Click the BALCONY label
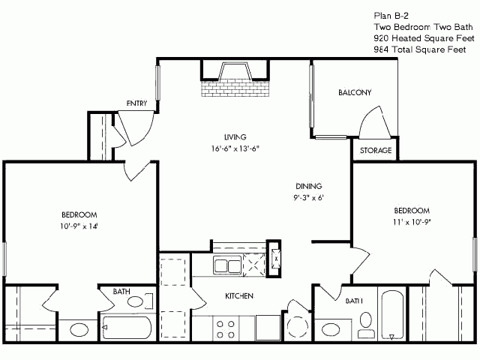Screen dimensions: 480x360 point(355,92)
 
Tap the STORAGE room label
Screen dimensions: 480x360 point(376,150)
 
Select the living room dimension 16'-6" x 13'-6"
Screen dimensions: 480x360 point(235,148)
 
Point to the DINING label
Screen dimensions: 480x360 point(308,186)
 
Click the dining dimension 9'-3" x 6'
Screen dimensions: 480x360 point(308,198)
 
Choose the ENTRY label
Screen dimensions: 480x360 point(136,103)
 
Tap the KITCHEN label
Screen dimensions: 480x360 point(239,296)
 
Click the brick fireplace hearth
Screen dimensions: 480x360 point(235,88)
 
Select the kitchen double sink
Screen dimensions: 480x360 point(227,265)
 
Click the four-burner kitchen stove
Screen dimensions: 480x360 point(226,329)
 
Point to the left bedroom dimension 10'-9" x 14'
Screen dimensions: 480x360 point(79,226)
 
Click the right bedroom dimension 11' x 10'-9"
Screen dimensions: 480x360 point(412,222)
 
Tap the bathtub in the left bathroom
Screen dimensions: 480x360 point(127,328)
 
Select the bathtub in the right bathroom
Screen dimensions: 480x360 point(392,315)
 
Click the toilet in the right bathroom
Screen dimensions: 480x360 point(366,325)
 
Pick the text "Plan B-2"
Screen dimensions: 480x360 point(391,16)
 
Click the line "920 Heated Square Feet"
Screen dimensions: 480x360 point(424,38)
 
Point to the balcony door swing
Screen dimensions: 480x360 point(375,121)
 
